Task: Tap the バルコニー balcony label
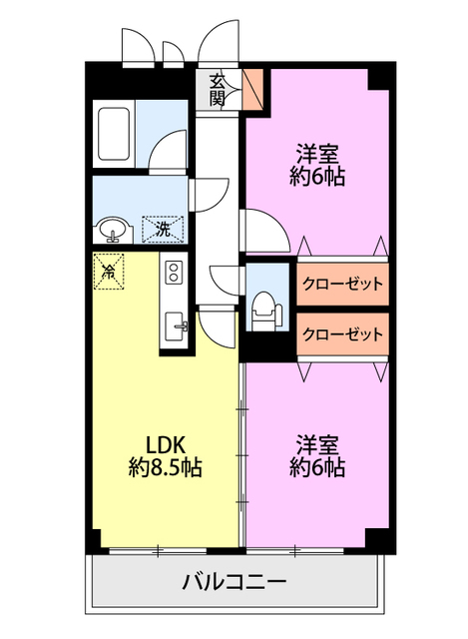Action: [x=234, y=581]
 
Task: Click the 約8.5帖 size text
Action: [x=166, y=466]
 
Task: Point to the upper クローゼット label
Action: [x=342, y=284]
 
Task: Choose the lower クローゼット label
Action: [x=342, y=333]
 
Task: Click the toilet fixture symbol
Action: [x=264, y=306]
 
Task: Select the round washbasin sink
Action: [x=112, y=231]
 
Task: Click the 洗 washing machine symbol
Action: [x=163, y=230]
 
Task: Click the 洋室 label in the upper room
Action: [x=317, y=155]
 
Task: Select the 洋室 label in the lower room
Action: [x=317, y=443]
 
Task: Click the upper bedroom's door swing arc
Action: [x=261, y=230]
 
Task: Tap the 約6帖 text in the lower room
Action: [x=317, y=466]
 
